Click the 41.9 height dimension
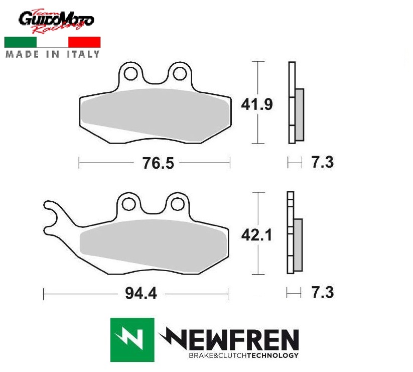click(x=257, y=104)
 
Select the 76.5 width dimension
click(x=158, y=163)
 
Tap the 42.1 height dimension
click(x=256, y=235)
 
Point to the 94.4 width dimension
click(x=141, y=293)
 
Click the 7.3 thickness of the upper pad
click(x=323, y=162)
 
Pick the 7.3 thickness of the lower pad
click(x=323, y=293)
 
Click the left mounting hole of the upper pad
click(x=130, y=73)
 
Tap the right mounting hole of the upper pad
click(x=180, y=73)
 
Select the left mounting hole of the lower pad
click(x=129, y=204)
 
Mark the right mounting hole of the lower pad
click(x=177, y=204)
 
